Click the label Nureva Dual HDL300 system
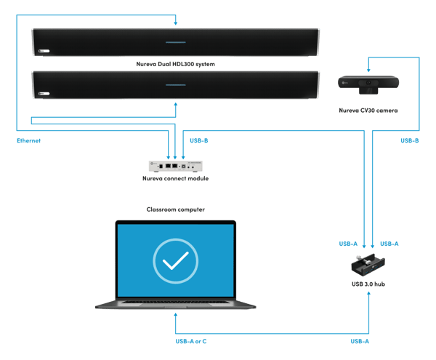pos(174,64)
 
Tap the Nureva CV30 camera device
pos(367,84)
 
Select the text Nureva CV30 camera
pos(367,110)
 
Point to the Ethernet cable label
pos(28,140)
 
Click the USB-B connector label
pos(198,140)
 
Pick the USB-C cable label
pos(409,140)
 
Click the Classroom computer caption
pos(175,209)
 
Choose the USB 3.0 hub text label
pos(367,283)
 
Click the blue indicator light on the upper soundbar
pos(175,33)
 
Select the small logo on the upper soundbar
pos(44,51)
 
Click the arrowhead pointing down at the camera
pos(367,71)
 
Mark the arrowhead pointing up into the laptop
pos(175,315)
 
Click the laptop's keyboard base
pos(175,305)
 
